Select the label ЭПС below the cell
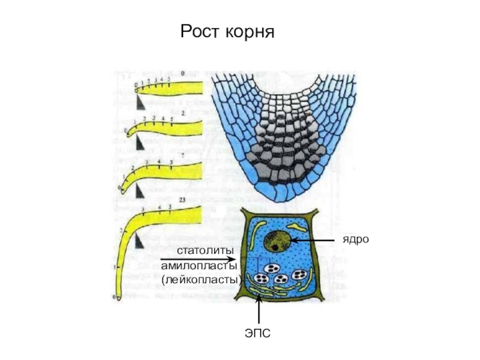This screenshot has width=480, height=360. point(258,331)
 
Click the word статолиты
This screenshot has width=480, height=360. point(202,250)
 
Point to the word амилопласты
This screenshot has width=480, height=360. point(200,265)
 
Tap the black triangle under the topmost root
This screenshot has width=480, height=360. point(140,104)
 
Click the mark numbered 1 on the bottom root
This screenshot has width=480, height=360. point(115,265)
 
